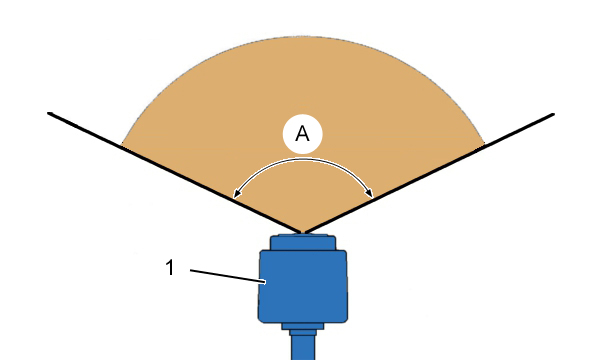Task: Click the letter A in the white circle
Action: tap(302, 134)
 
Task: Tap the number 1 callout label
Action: tap(170, 268)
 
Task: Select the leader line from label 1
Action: tap(228, 276)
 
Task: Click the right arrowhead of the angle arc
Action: tap(369, 193)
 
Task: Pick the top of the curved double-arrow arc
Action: tap(303, 159)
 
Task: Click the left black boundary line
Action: tap(175, 173)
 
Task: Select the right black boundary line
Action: tap(429, 173)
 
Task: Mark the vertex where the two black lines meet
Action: tap(303, 233)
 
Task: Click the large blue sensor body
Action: tap(303, 286)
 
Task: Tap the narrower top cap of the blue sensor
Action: tap(303, 242)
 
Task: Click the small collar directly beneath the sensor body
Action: tap(303, 326)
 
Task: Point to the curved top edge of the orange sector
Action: tap(303, 36)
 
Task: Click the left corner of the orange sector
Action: tap(122, 145)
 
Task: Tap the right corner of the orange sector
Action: tap(485, 144)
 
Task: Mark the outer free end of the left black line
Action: tap(49, 113)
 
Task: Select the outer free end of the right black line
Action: tap(553, 114)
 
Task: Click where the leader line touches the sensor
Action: tap(266, 282)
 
